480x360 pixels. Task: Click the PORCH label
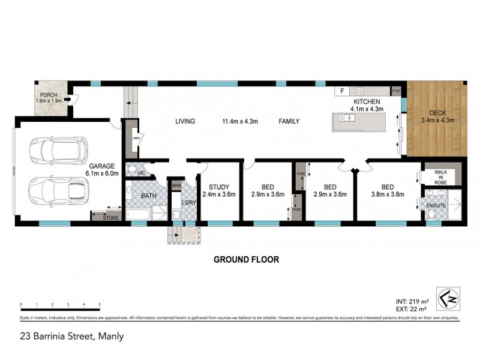pyautogui.click(x=49, y=95)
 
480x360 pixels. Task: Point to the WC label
pyautogui.click(x=142, y=173)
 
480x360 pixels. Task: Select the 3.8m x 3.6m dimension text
pyautogui.click(x=388, y=194)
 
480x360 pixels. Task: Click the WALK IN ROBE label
pyautogui.click(x=442, y=176)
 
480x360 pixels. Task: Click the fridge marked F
pyautogui.click(x=343, y=91)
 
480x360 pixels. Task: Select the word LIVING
pyautogui.click(x=185, y=121)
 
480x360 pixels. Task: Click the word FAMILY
pyautogui.click(x=289, y=121)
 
